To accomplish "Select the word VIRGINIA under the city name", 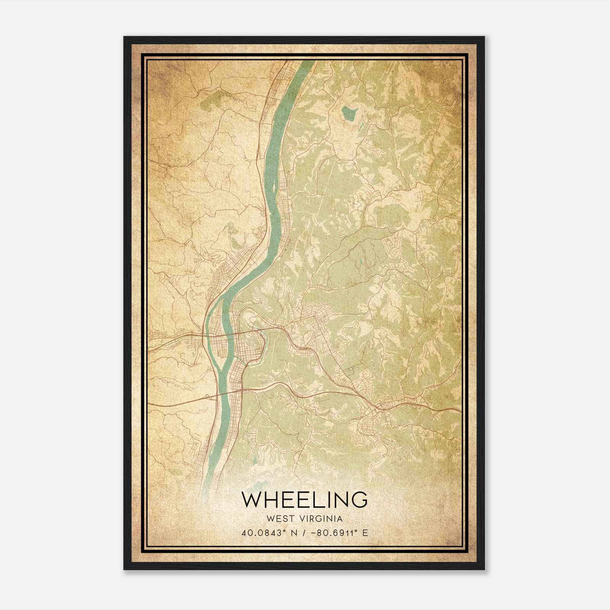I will click(321, 518).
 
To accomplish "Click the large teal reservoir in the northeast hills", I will click(349, 113).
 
